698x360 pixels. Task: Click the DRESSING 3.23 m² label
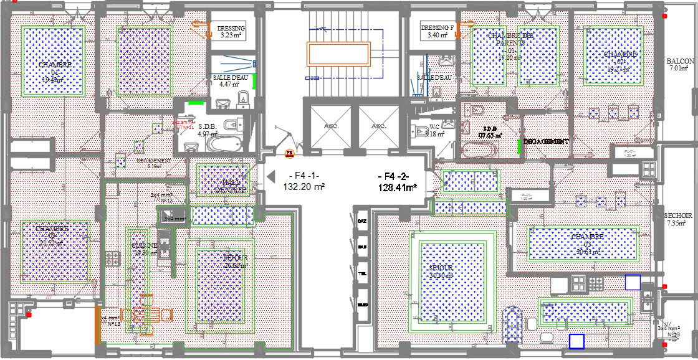tap(231, 32)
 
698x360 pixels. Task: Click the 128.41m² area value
tap(398, 187)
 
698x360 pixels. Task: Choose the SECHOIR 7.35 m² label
tap(676, 219)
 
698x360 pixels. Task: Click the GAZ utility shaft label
tap(362, 222)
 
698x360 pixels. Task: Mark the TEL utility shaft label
tap(362, 274)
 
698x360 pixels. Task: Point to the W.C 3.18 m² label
tap(434, 130)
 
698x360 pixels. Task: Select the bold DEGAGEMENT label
tap(546, 142)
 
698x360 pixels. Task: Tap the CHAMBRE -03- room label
tap(586, 244)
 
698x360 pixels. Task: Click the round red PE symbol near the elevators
tap(289, 151)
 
